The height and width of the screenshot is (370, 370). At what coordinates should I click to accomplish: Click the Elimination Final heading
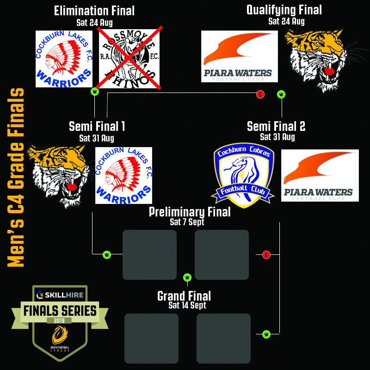[x=94, y=11]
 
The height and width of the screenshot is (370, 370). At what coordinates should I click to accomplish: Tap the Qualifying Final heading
[x=284, y=10]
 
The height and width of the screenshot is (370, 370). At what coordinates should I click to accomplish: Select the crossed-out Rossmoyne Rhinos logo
[x=129, y=57]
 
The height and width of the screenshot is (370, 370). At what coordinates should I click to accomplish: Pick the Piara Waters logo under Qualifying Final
[x=239, y=56]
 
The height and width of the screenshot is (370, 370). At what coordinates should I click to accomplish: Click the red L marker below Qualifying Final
[x=260, y=94]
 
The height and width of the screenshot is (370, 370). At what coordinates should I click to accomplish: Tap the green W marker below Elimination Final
[x=95, y=92]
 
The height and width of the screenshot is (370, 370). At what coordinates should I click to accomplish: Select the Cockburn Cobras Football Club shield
[x=244, y=175]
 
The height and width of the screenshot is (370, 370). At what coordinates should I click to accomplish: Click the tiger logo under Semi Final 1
[x=59, y=174]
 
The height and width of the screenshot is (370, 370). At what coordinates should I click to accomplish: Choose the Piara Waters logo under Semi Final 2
[x=320, y=175]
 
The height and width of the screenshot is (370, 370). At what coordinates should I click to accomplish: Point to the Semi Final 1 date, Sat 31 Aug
[x=97, y=138]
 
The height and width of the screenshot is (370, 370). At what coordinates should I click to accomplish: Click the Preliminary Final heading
[x=189, y=212]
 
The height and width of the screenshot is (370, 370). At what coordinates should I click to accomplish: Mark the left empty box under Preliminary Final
[x=149, y=255]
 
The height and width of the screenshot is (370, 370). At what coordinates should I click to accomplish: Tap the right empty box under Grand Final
[x=223, y=338]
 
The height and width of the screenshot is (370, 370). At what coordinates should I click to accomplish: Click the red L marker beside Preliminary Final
[x=266, y=254]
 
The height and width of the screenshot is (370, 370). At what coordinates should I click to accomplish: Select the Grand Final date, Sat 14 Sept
[x=187, y=305]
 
